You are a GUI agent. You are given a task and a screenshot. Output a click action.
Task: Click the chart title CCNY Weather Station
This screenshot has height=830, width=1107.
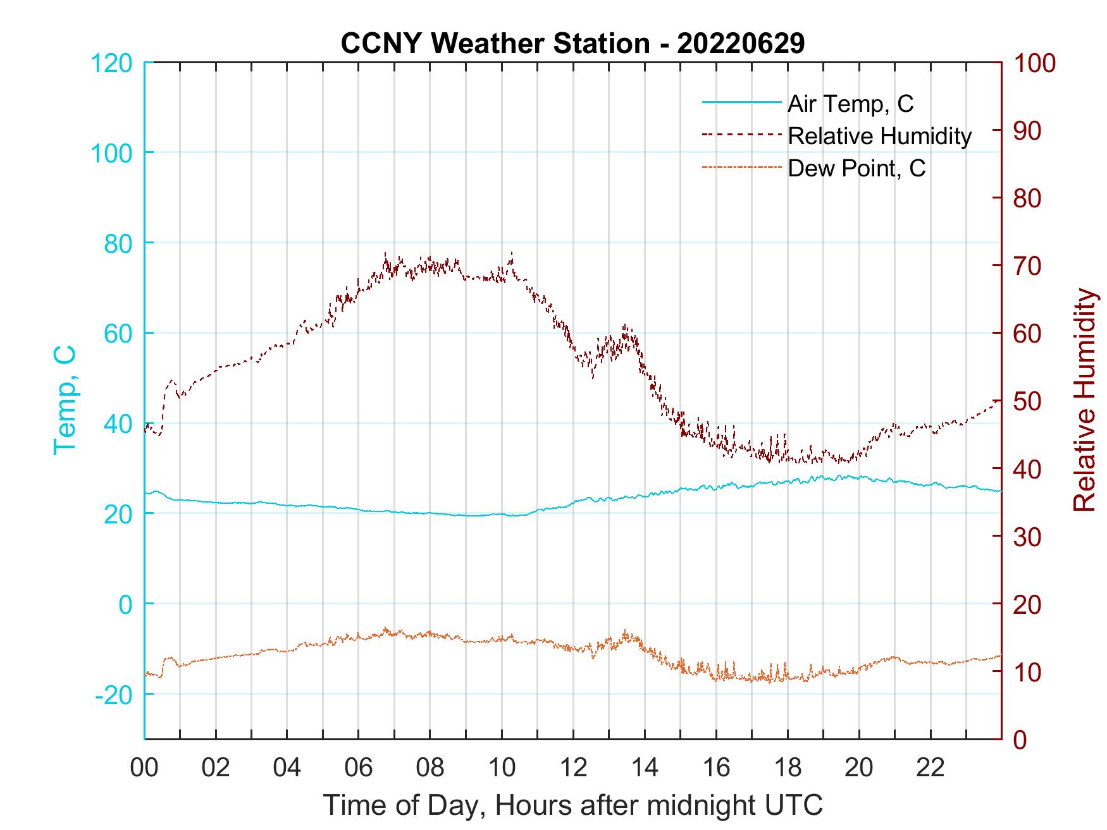point(572,44)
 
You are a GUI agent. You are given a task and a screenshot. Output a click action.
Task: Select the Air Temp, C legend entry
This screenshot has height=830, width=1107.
point(850,104)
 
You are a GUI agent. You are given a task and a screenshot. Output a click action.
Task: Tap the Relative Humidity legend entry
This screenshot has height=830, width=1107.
point(879,136)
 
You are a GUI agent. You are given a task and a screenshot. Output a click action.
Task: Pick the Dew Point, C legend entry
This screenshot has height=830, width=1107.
point(857,169)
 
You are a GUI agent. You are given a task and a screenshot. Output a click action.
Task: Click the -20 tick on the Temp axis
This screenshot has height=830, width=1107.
point(114,695)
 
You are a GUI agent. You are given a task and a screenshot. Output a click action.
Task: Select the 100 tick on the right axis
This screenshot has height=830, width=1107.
point(1035,63)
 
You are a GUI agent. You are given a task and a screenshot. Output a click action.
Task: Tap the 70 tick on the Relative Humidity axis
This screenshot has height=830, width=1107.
point(1027,266)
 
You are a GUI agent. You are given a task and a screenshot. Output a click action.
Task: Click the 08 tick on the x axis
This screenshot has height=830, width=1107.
point(430,768)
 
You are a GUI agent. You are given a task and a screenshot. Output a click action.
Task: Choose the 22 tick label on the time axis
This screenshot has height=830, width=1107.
point(931,768)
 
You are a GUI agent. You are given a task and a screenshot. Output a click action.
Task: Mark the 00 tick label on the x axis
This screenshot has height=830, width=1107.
point(144,768)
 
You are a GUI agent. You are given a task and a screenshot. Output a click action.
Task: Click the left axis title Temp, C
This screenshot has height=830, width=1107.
point(65,400)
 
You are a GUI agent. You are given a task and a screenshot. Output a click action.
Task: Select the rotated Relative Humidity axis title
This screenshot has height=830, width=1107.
point(1084,400)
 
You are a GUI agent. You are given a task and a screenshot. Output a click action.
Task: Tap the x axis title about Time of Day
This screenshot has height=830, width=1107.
point(572,805)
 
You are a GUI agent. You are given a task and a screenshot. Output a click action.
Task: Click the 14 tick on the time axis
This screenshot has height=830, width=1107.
point(645,768)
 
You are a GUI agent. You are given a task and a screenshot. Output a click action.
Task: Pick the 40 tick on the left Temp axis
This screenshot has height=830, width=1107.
point(119,424)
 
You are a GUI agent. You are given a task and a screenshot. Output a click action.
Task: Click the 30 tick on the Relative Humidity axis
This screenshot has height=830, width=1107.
point(1027,537)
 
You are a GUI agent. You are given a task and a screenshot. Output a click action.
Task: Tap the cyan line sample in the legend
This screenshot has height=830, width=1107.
point(741,102)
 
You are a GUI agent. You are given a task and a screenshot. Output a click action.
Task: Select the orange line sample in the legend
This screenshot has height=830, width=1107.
point(741,168)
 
